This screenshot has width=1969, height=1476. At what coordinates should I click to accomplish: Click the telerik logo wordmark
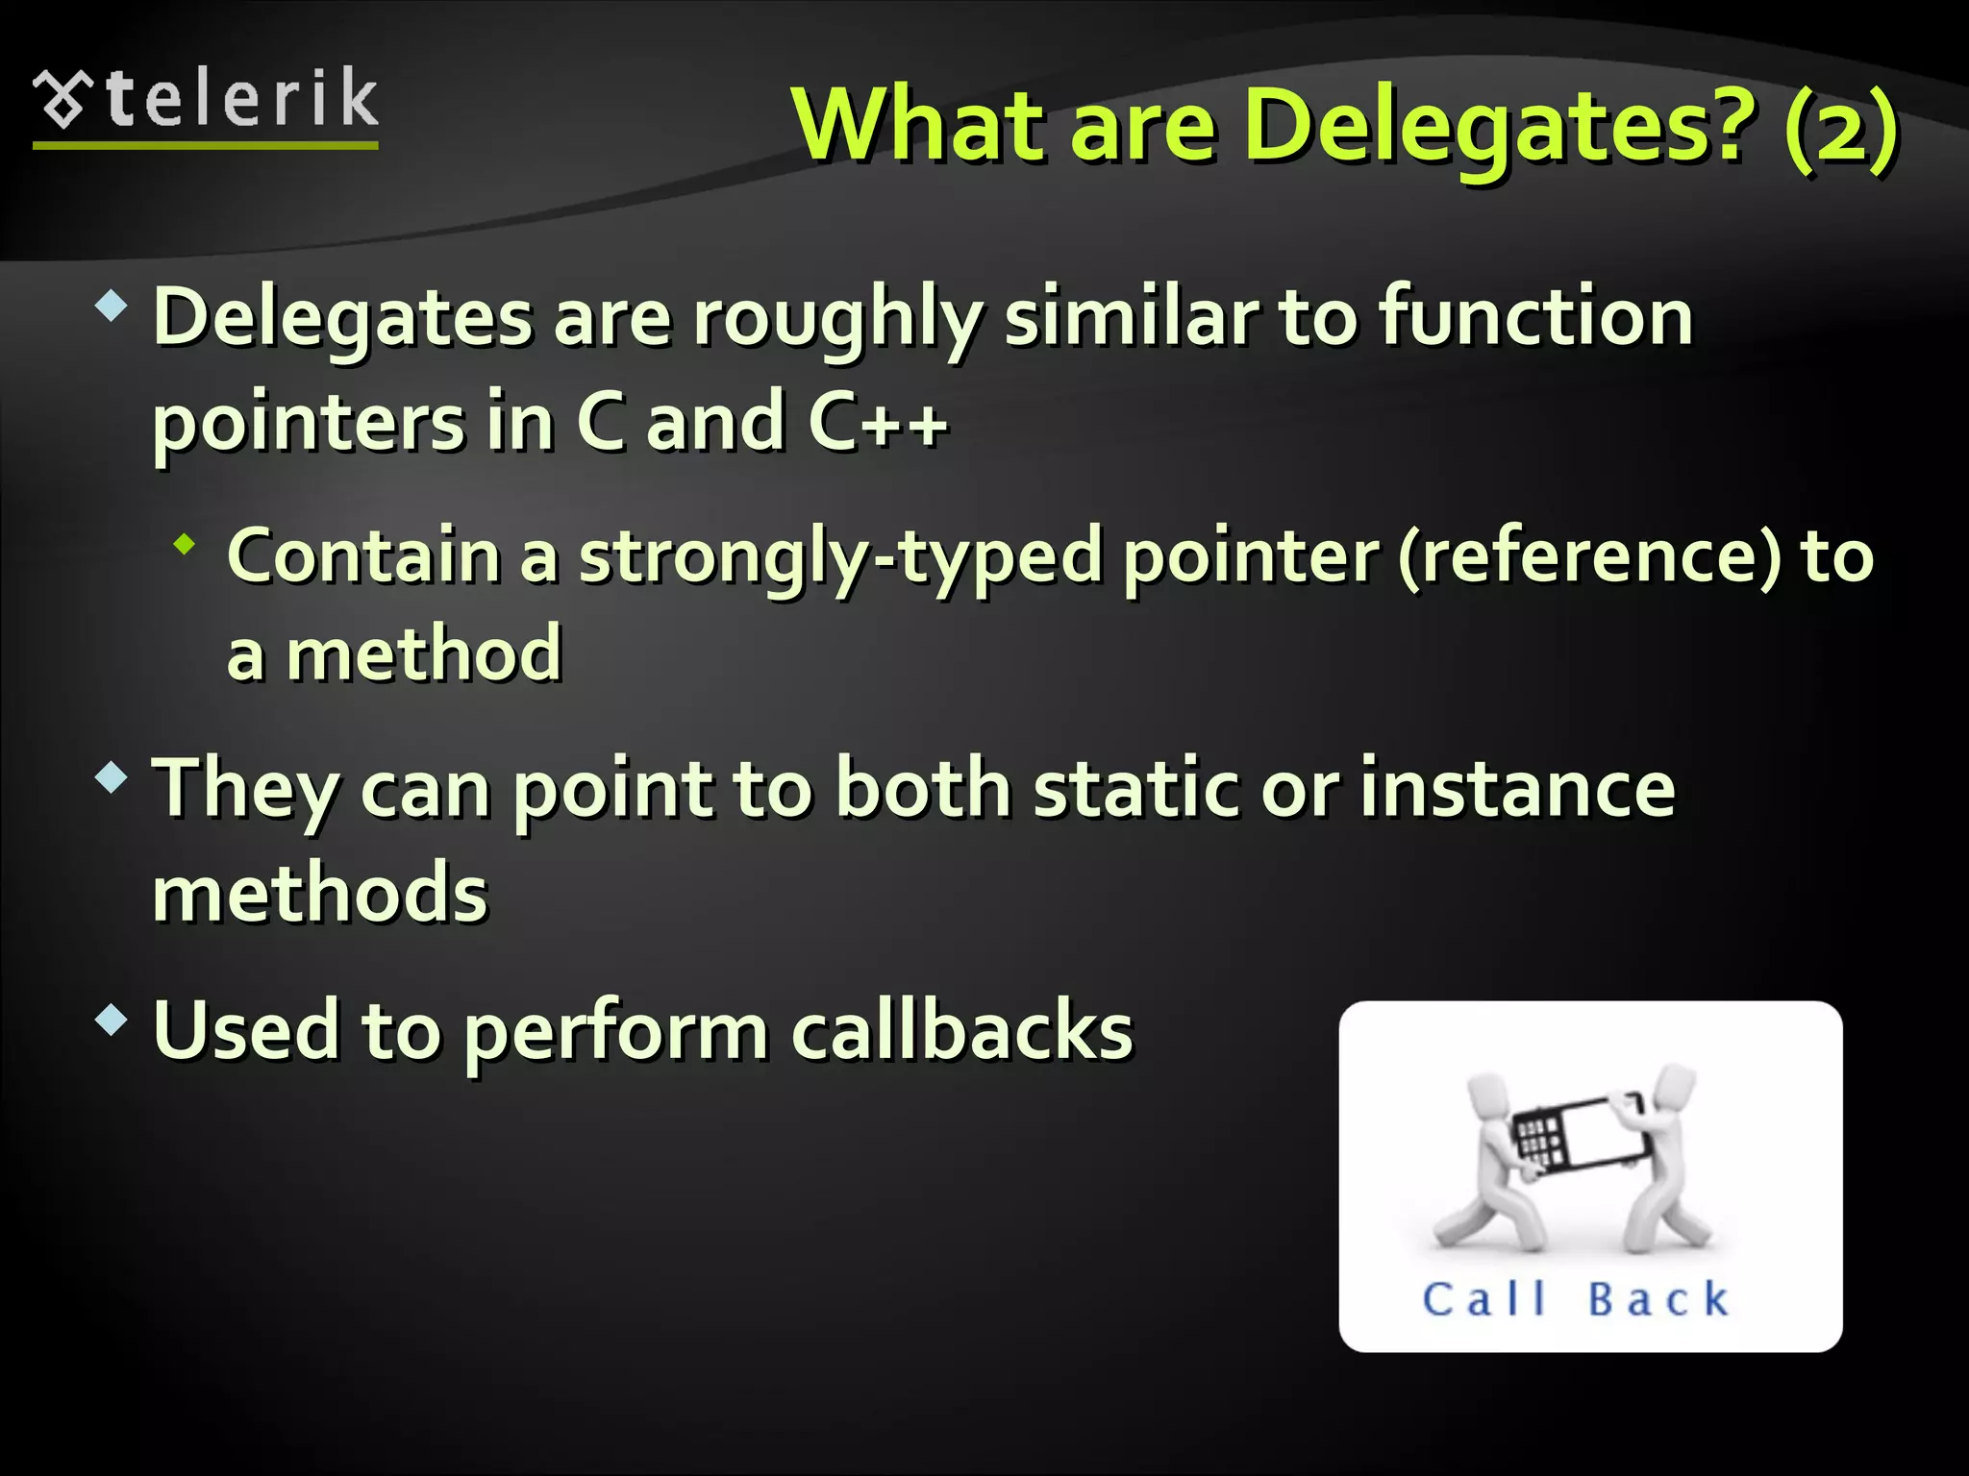tap(240, 98)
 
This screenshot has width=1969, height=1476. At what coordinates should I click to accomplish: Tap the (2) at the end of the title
tap(1840, 127)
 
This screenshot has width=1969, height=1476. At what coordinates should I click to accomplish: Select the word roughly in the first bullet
tap(836, 319)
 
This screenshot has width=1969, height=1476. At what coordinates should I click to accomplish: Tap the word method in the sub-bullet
tap(423, 653)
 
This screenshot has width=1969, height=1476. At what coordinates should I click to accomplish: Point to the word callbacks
tap(961, 1030)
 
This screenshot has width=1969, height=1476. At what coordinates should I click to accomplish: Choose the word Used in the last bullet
tap(246, 1030)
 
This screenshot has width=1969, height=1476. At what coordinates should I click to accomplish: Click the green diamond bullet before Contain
tap(185, 546)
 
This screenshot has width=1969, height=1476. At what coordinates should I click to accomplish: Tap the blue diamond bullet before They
tap(112, 777)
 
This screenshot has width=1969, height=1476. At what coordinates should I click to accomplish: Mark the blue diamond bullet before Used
tap(112, 1020)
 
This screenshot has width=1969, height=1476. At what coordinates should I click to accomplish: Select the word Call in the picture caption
tap(1484, 1299)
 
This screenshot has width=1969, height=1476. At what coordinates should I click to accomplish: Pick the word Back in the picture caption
tap(1658, 1299)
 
